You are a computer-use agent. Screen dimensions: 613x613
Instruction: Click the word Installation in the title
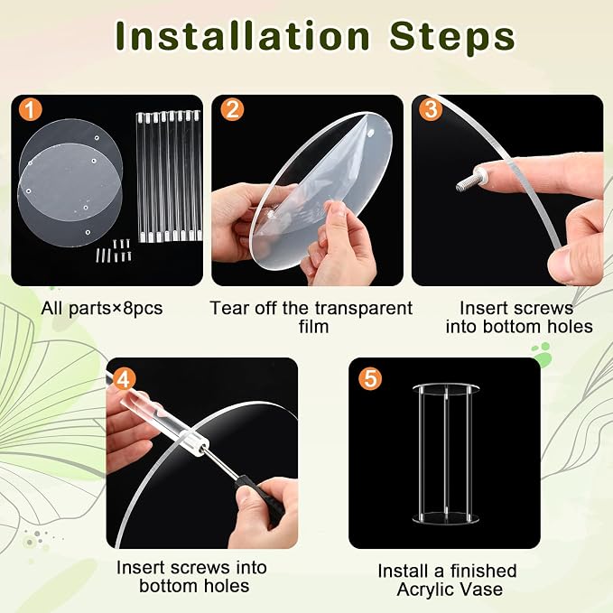[x=243, y=36]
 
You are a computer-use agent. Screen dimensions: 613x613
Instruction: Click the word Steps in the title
[x=452, y=37]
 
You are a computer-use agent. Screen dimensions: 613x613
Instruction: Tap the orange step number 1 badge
[x=30, y=110]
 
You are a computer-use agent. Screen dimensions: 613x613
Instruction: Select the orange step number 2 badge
[x=232, y=110]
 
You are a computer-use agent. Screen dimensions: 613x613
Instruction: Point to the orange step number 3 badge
[x=431, y=109]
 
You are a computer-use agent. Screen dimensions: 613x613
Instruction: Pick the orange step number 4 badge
[x=124, y=379]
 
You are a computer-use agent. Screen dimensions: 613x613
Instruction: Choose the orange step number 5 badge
[x=370, y=378]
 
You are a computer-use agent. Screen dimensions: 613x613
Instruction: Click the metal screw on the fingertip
[x=470, y=179]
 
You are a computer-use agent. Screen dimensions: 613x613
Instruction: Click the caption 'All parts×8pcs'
[x=102, y=309]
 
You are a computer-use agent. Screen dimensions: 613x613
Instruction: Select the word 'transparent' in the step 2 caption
[x=358, y=309]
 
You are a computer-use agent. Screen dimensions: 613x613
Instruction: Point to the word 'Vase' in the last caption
[x=483, y=590]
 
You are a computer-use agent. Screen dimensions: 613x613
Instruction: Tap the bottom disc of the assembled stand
[x=445, y=517]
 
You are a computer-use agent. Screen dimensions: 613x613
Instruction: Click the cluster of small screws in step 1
[x=114, y=251]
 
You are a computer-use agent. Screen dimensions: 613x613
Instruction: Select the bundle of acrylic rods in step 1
[x=169, y=176]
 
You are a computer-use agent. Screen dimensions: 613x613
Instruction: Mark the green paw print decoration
[x=543, y=354]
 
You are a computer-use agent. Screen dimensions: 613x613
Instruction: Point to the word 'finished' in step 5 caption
[x=483, y=571]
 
